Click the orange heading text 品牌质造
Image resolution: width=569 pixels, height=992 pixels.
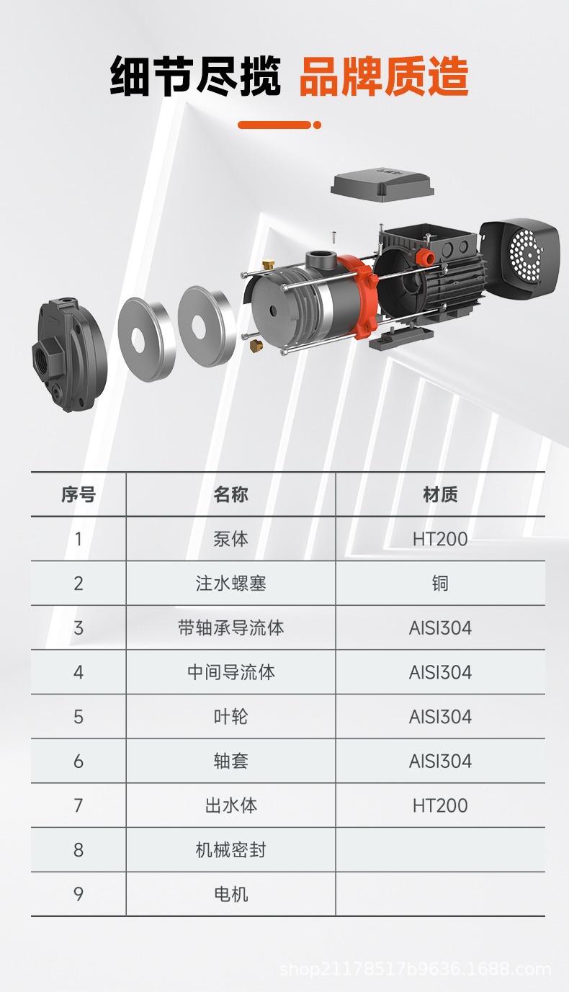384,76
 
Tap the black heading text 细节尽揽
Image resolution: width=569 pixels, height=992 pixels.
195,76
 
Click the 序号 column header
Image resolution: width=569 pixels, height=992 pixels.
79,494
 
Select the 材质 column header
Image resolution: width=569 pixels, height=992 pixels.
440,494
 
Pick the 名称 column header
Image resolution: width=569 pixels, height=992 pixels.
230,494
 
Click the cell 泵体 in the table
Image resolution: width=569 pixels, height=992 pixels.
230,539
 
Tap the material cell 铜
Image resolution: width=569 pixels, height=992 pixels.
440,584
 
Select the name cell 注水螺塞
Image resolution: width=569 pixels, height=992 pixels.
230,584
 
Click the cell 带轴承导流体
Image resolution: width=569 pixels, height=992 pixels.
230,627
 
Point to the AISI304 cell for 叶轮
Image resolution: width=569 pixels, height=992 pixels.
440,717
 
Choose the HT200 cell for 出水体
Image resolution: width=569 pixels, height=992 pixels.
440,805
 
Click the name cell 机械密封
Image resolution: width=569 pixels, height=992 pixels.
230,850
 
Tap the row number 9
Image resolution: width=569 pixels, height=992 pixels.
79,894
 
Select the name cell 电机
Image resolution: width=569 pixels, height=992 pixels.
230,894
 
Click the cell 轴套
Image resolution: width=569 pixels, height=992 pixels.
230,761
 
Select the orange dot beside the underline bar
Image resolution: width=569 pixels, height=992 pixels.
317,125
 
